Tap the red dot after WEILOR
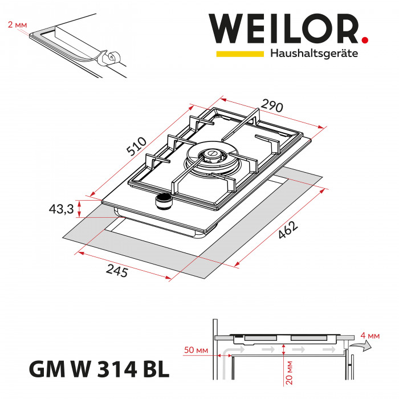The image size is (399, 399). [x=365, y=40]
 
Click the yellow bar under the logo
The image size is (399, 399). [x=239, y=54]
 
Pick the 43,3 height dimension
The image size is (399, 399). [x=62, y=209]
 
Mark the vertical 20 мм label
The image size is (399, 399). [x=291, y=372]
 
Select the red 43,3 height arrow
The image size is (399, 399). [x=80, y=209]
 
